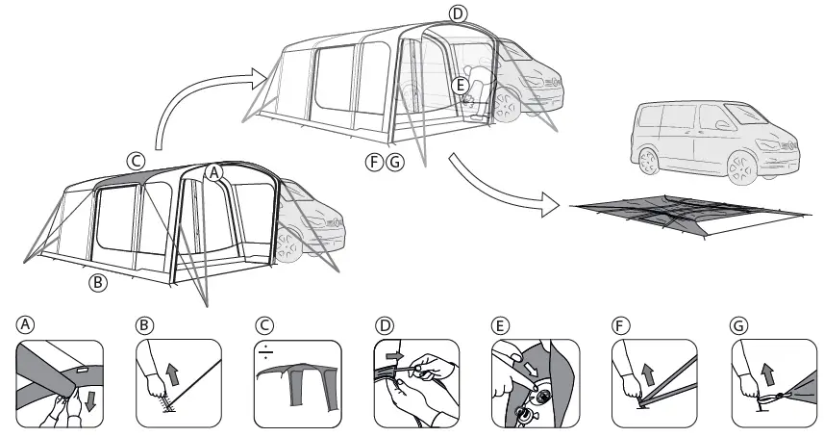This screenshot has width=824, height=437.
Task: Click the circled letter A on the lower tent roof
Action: tap(215, 170)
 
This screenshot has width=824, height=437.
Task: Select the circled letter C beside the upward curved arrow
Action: tap(137, 159)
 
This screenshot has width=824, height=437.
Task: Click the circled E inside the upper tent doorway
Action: tap(461, 87)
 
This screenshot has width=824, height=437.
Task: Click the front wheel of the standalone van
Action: tap(745, 169)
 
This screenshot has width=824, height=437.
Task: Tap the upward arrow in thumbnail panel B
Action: tap(172, 371)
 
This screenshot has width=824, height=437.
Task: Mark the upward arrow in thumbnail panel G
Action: tap(768, 371)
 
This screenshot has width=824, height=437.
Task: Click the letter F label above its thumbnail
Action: tap(620, 327)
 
